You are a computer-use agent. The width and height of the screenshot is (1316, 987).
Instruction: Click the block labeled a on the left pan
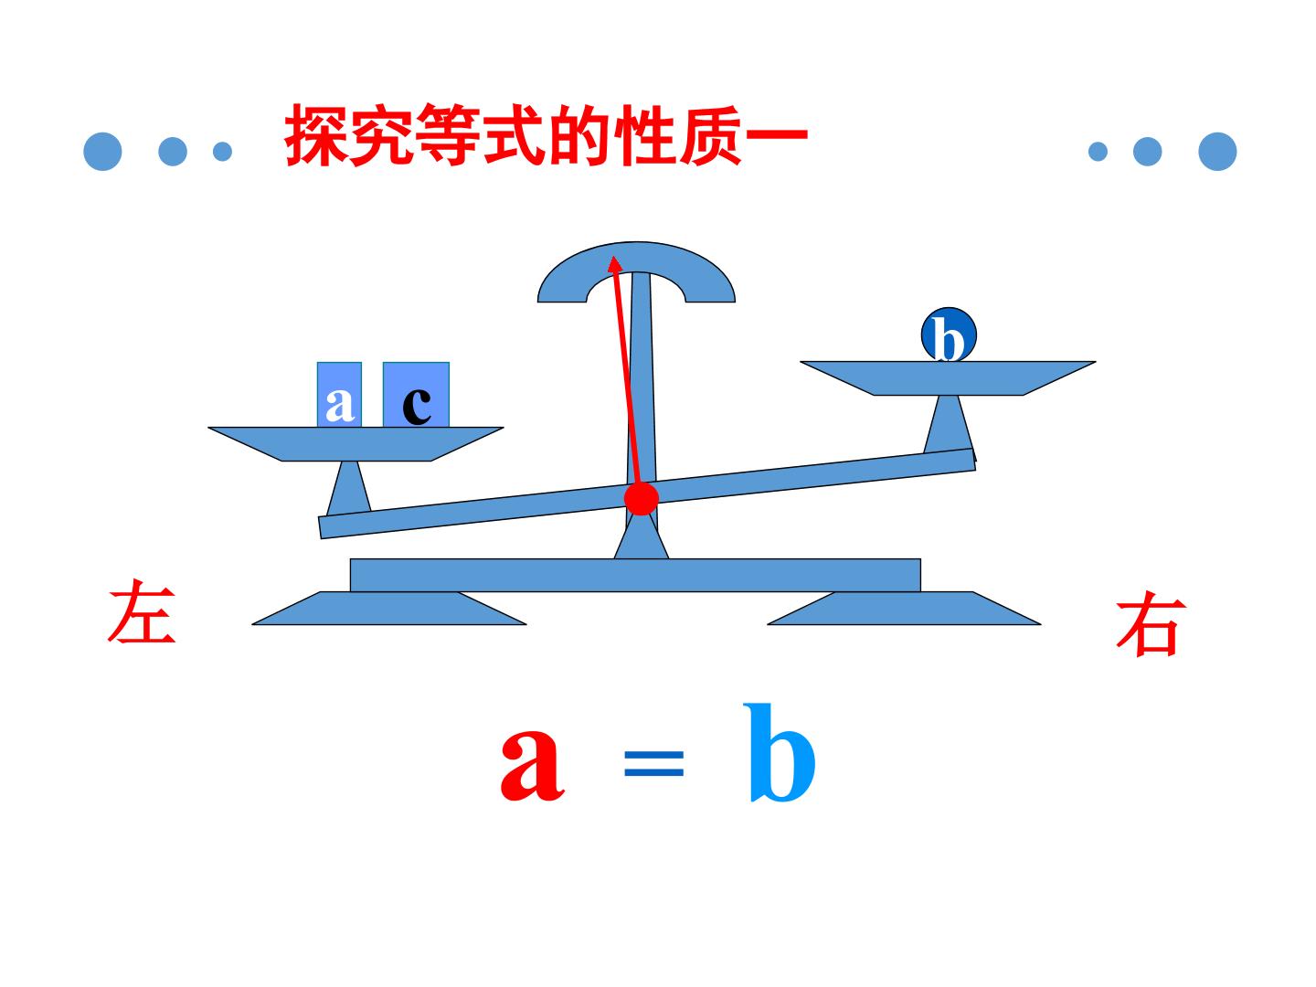(x=339, y=394)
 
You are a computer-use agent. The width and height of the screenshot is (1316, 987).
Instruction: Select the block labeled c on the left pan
(x=416, y=394)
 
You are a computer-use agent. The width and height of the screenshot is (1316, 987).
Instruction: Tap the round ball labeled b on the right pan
(x=949, y=335)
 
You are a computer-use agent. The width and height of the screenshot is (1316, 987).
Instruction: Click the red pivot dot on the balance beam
(x=641, y=497)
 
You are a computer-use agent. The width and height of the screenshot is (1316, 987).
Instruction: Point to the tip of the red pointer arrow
(x=613, y=257)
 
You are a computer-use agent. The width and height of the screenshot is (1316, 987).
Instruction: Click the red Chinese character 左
(x=142, y=611)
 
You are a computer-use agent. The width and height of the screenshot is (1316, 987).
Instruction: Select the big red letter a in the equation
(x=532, y=765)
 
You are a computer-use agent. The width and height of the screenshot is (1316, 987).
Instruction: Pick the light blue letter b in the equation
(x=779, y=753)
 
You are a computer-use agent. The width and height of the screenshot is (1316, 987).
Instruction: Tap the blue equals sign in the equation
(x=653, y=763)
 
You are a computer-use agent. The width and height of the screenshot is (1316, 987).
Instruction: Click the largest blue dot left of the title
(x=102, y=151)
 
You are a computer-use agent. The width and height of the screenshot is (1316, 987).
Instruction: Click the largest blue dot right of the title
(x=1217, y=151)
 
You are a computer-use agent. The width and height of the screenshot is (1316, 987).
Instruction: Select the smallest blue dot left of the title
(x=222, y=152)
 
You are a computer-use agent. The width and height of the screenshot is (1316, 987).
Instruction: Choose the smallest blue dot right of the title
(x=1098, y=152)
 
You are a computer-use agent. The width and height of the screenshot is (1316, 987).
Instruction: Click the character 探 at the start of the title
(x=316, y=135)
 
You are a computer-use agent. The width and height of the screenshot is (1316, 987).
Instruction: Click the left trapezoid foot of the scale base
(x=389, y=609)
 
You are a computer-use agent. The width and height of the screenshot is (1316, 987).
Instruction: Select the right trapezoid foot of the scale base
(x=904, y=609)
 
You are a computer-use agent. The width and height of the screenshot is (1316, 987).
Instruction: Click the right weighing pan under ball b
(x=948, y=378)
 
